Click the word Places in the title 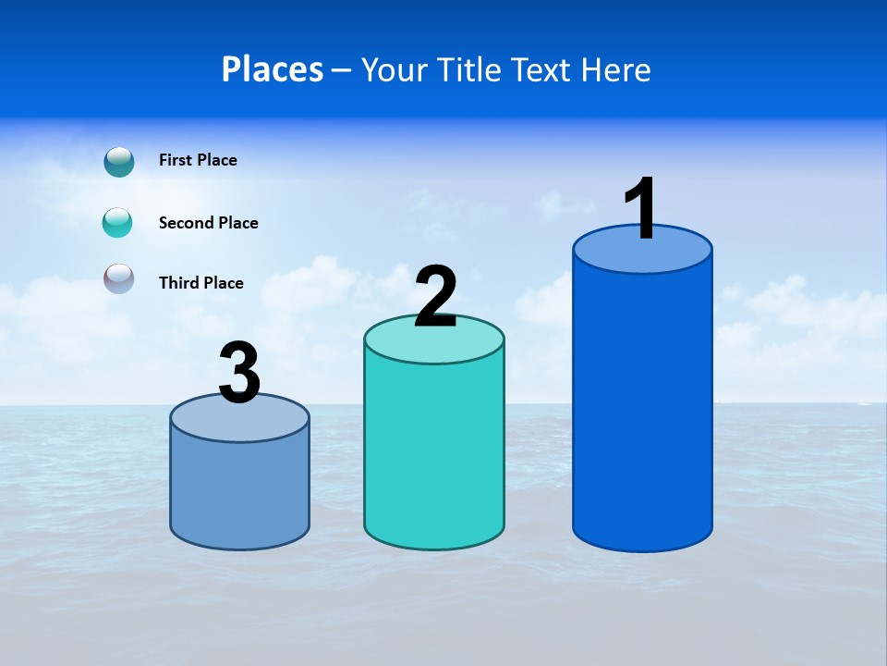273,69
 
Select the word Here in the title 616,70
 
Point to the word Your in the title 395,70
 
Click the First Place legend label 198,160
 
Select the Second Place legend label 208,223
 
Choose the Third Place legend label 200,283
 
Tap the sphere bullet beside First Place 119,162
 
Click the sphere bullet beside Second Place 118,223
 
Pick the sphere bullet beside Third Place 119,278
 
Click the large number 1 641,208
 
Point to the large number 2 435,296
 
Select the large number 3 240,373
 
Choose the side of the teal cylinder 434,453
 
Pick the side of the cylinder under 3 240,490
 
